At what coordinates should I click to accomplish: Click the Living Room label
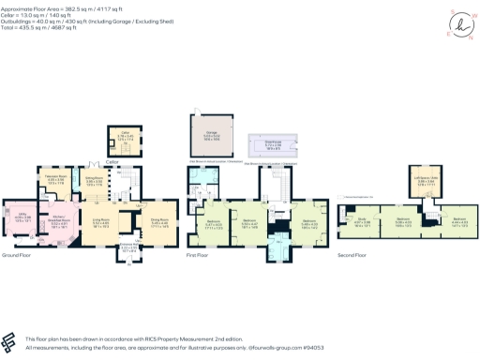100,222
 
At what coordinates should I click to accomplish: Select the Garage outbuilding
214,134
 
